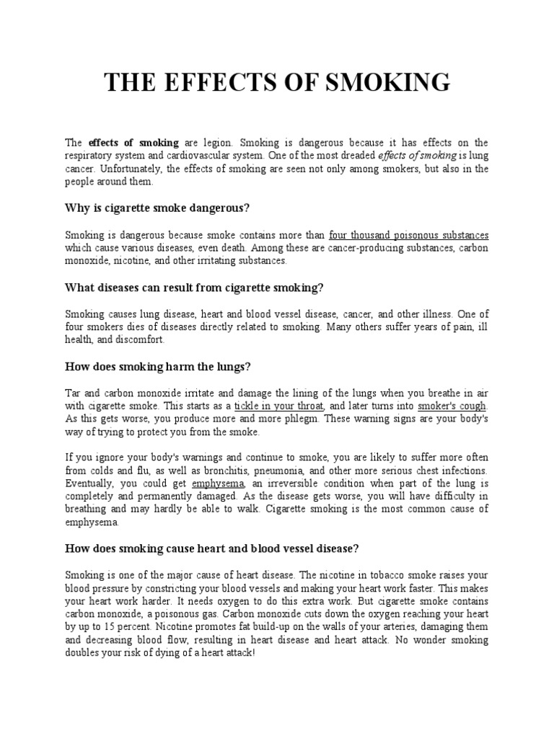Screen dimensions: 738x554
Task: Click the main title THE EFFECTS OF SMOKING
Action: coord(277,82)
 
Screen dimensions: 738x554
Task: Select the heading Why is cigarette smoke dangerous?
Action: coord(157,208)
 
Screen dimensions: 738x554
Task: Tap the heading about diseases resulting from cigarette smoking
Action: coord(194,288)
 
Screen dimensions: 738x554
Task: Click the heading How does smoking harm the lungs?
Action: coord(157,366)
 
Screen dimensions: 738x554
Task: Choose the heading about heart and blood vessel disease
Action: coord(211,548)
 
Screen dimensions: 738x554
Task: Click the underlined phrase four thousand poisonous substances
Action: coord(408,235)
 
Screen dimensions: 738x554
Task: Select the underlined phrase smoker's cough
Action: coord(452,406)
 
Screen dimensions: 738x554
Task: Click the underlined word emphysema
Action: coord(219,483)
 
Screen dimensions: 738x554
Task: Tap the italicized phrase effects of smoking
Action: coord(417,156)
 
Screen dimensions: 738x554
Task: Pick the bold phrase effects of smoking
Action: coord(123,143)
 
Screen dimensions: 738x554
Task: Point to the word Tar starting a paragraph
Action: coord(73,393)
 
